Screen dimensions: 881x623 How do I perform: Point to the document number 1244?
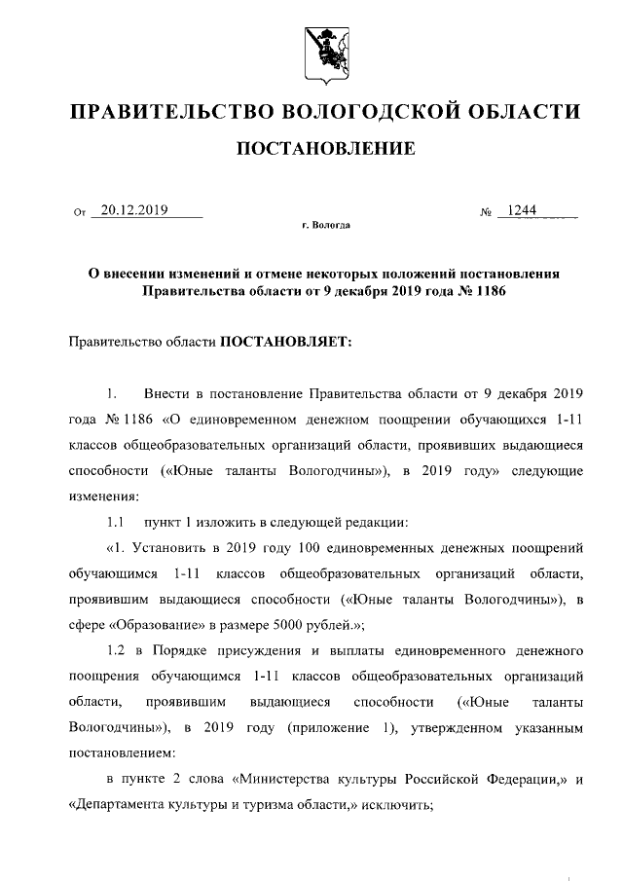click(x=523, y=208)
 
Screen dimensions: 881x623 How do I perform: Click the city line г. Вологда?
click(x=325, y=226)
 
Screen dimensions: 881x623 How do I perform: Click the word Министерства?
click(x=289, y=779)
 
